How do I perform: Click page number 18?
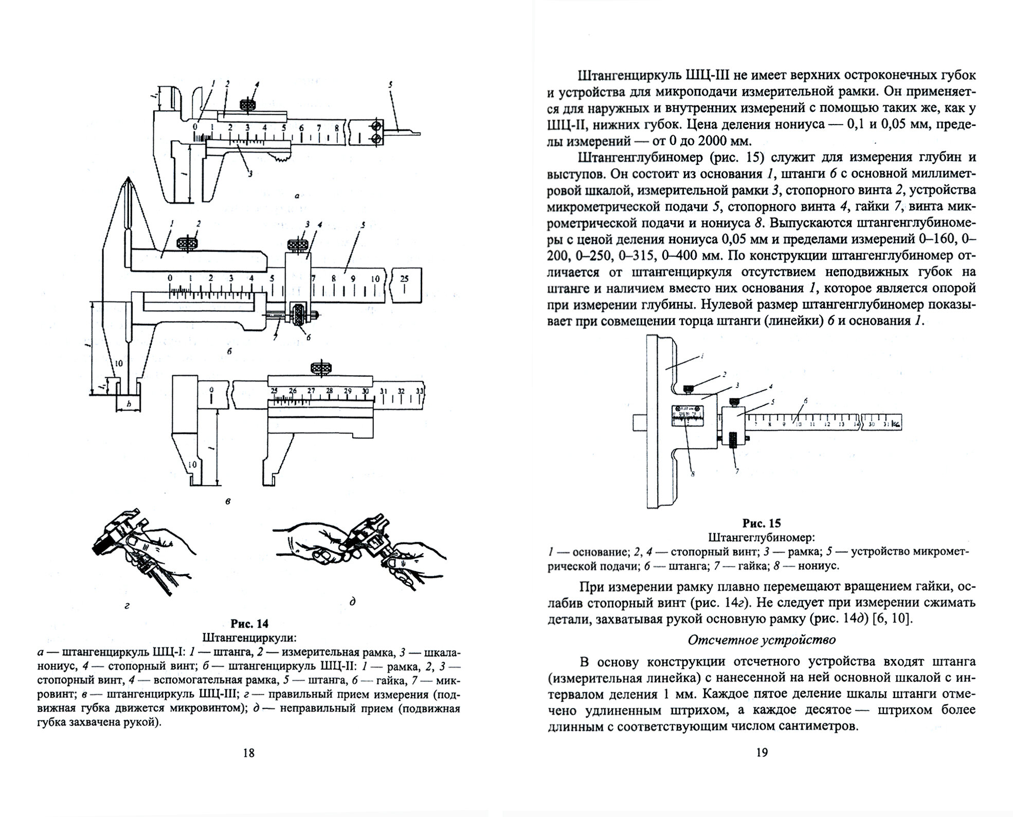248,753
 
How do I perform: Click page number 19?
762,753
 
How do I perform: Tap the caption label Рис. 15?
762,523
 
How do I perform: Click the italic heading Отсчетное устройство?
762,640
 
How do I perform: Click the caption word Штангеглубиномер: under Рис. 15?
762,538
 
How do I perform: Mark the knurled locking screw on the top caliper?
250,104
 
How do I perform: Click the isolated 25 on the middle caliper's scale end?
405,278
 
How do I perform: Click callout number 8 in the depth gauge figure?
693,474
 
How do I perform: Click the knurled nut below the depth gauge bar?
733,441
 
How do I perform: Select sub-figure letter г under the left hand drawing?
127,606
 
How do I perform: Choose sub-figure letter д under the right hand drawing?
352,601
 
